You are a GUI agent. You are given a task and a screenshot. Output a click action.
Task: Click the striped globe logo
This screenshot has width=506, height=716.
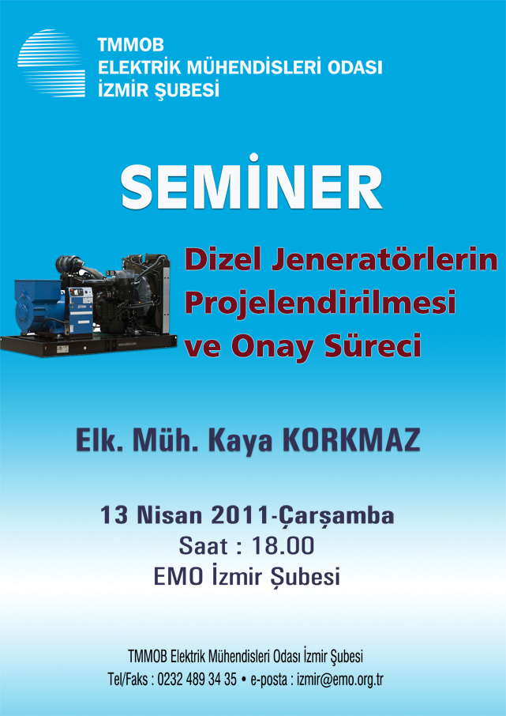pos(51,63)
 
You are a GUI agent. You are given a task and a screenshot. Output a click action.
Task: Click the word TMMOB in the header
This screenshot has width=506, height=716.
pos(130,45)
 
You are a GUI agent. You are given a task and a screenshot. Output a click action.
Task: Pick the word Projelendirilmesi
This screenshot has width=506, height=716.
pos(320,304)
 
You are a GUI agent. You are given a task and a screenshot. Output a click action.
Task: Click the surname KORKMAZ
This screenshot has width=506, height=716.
pos(350,442)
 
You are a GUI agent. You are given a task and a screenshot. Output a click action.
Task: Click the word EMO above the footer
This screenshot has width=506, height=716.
pos(178,577)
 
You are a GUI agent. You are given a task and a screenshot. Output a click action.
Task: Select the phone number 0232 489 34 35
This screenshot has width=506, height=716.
pos(197,680)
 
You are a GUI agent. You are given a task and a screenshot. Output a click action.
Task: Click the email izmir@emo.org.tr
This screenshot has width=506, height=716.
pos(340,680)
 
